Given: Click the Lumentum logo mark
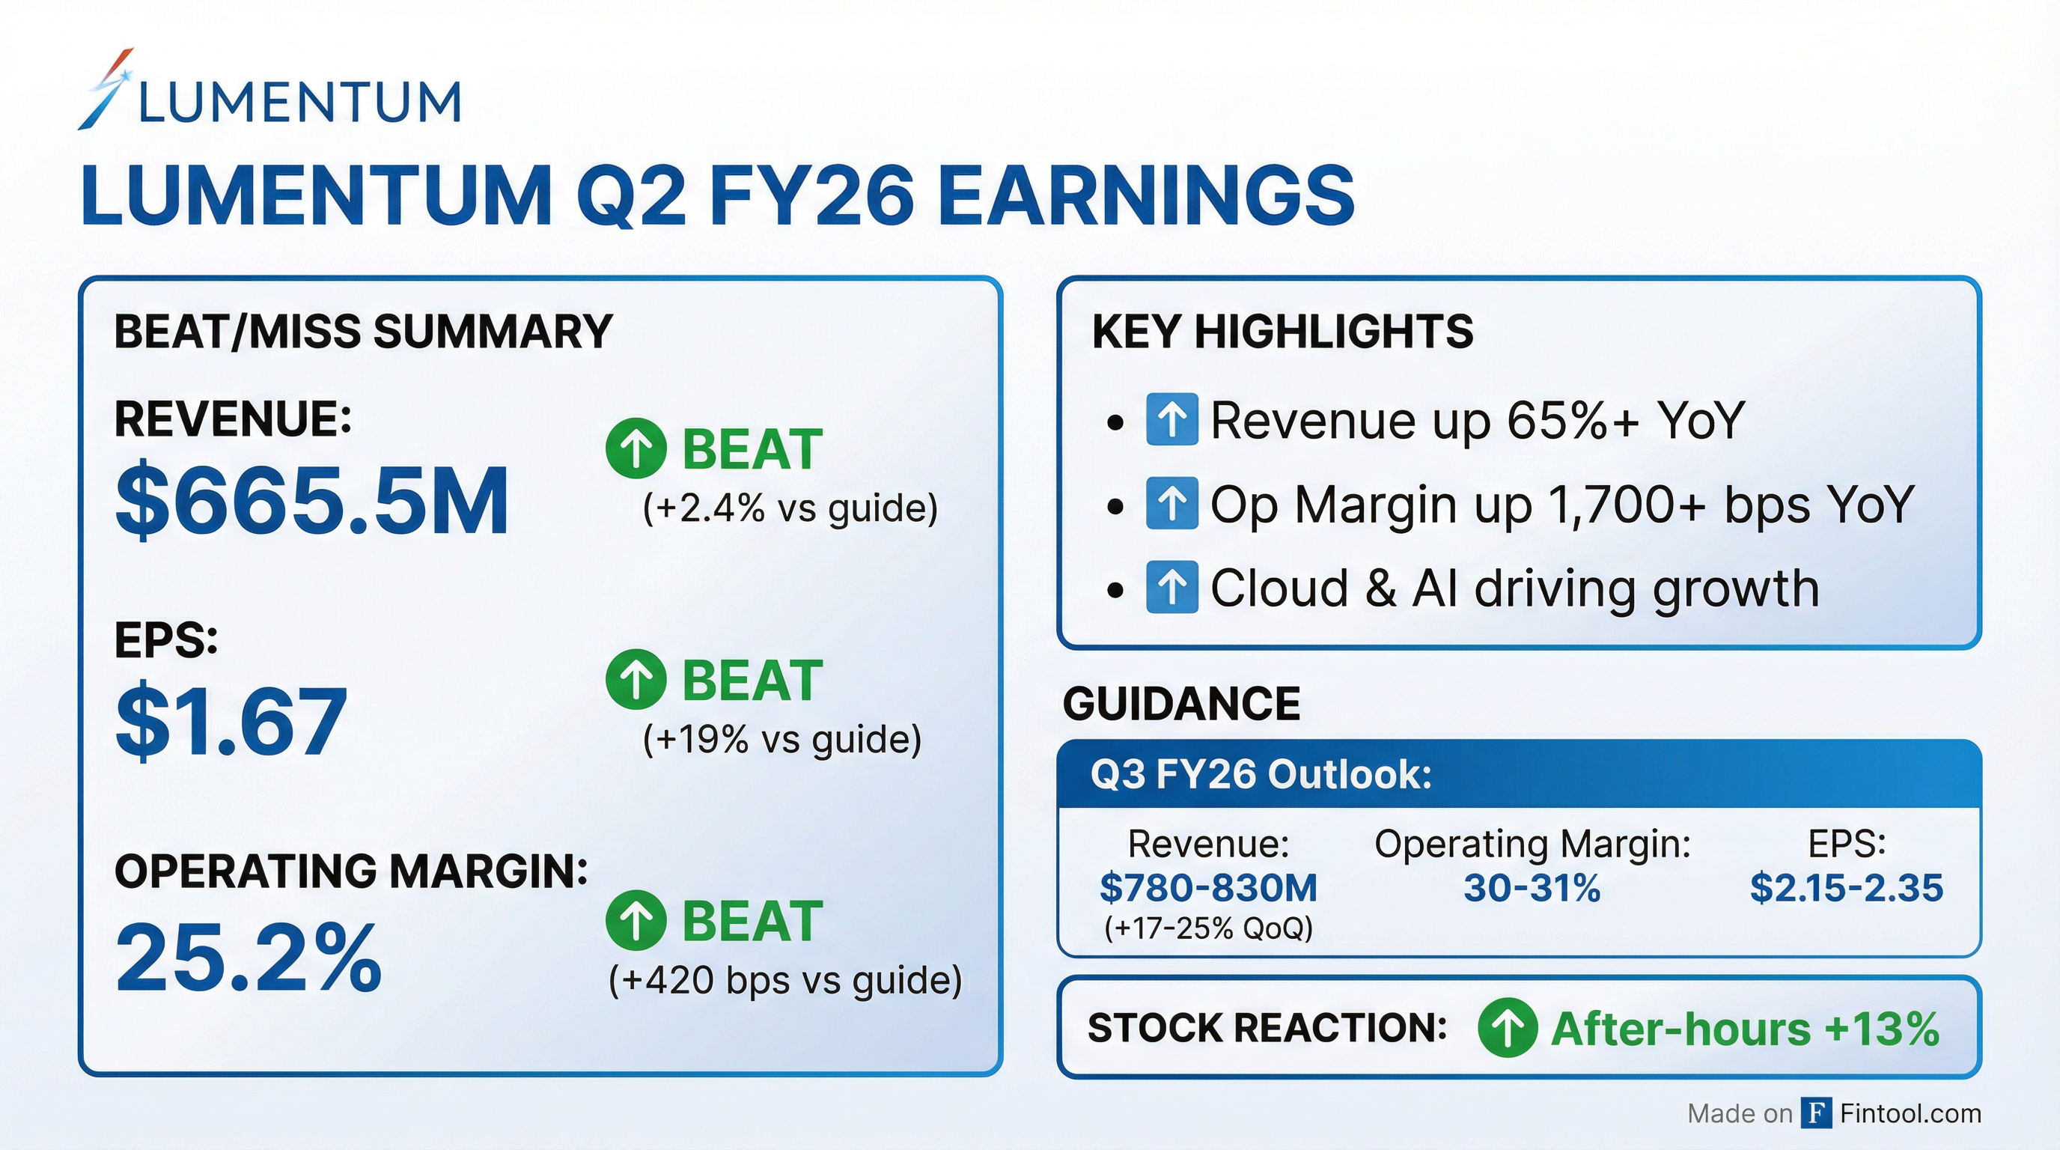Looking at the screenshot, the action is coord(106,90).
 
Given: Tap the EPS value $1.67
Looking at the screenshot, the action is coord(231,720).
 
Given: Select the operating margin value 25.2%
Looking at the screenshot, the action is coord(249,957).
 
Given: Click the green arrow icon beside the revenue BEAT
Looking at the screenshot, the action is coord(636,448).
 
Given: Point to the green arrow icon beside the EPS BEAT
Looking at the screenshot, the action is coord(636,679).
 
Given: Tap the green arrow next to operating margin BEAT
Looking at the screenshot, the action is coord(636,919).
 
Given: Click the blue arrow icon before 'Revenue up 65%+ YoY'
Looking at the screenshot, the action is coord(1171,419).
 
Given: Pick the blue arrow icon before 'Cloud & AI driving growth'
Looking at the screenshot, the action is coord(1171,587).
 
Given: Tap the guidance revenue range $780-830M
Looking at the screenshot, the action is coord(1208,888).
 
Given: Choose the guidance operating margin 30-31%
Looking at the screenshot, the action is coord(1532,888).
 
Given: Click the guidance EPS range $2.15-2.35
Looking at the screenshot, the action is coord(1847,888).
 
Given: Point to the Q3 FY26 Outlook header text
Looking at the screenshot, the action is coord(1261,774).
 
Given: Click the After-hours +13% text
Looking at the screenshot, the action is coord(1745,1029).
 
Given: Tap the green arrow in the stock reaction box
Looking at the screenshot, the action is coord(1508,1028).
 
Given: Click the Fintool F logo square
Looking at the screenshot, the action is coord(1816,1113).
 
